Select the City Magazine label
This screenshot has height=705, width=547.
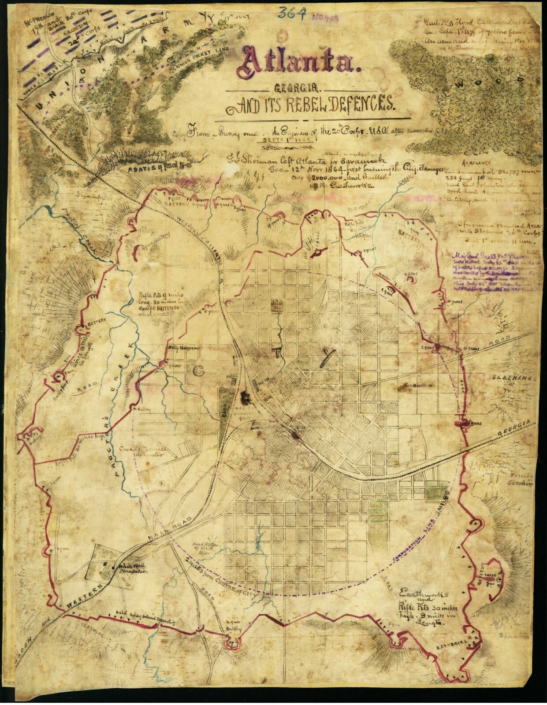pyautogui.click(x=183, y=347)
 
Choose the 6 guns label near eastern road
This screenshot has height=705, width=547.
pyautogui.click(x=468, y=348)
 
